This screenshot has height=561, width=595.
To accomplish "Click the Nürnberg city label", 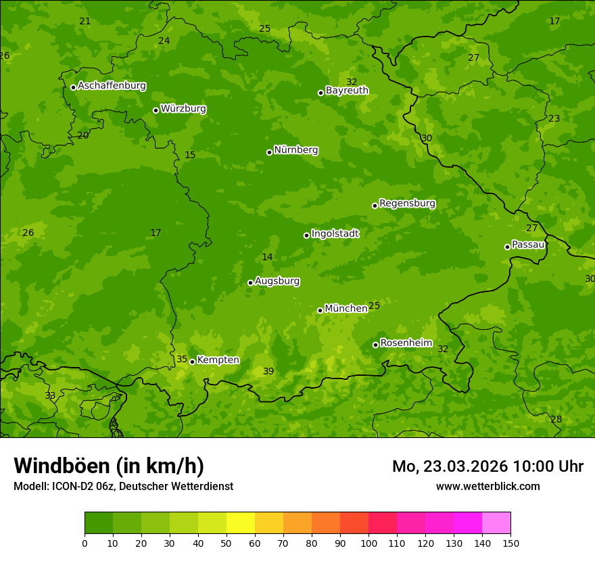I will coord(295,150).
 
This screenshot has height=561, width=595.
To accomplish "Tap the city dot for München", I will coord(320,310).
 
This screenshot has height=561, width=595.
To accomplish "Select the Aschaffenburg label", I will coord(112,86).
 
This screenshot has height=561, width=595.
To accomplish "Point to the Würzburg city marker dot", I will coord(156,110).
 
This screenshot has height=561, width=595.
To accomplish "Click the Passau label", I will coord(527,245).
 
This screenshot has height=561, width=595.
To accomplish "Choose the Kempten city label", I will coord(218,360).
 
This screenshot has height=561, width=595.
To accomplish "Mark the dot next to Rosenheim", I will coord(375,345).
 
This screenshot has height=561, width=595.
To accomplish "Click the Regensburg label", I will coord(407,203).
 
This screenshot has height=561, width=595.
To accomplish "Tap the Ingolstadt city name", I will coord(335,234).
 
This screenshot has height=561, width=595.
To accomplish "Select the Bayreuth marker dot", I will coord(320,93).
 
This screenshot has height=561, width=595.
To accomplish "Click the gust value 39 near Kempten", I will coord(268,372).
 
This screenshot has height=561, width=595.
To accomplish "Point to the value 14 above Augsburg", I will coord(267,258).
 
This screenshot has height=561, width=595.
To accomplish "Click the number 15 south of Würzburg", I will coord(190,155).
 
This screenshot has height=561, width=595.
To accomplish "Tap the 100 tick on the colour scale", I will coord(368,543).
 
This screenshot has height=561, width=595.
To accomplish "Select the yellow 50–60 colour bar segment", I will coord(241,523).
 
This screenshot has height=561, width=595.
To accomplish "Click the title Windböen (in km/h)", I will coord(109,466).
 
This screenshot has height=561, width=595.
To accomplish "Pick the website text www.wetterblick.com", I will coord(487,487).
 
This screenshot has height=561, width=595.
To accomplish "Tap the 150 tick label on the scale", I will coord(510,543).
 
